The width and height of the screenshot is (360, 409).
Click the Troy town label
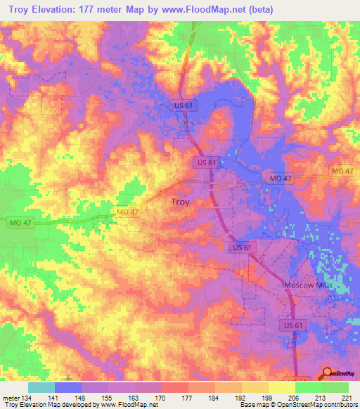[181, 202]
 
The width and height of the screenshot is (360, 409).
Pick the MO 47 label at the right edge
[343, 171]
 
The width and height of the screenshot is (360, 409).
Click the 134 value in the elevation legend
[27, 397]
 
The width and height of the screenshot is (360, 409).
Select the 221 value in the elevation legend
[346, 397]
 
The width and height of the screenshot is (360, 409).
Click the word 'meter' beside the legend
[11, 397]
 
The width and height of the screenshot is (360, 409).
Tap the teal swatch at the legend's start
[41, 387]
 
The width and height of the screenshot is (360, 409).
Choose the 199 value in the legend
[240, 397]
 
